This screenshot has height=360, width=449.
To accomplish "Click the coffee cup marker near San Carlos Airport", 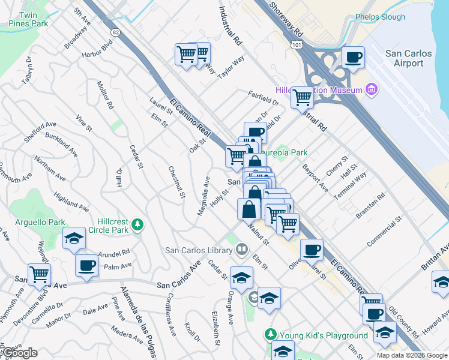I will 353,58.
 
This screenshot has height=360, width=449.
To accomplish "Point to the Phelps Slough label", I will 380,17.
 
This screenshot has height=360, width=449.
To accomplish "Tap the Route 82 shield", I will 115,31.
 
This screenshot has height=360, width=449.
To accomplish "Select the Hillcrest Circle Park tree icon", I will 138,224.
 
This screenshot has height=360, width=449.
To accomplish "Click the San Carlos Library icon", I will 241,248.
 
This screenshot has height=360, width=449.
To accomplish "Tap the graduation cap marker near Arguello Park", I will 74,238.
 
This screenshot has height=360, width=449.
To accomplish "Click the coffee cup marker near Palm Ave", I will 86,265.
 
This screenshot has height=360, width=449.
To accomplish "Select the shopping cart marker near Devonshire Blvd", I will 40,274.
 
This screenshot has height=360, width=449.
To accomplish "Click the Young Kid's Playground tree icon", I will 271,335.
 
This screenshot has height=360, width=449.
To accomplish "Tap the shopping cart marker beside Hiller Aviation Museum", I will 302,97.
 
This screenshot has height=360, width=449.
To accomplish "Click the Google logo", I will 19,353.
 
